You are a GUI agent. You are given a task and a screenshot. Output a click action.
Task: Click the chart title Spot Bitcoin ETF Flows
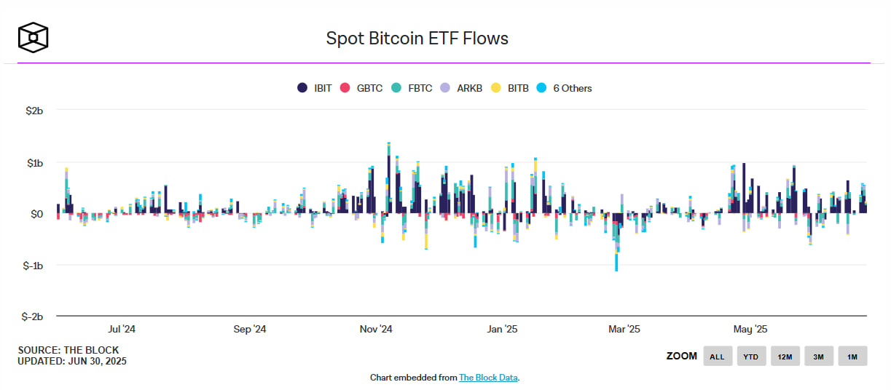click(x=417, y=39)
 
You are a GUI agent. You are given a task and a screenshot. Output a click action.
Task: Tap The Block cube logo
click(x=34, y=38)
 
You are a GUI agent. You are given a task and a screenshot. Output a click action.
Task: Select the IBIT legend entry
click(x=315, y=88)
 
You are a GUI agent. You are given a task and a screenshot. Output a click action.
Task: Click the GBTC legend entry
click(x=362, y=88)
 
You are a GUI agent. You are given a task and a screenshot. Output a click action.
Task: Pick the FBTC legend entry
click(x=412, y=88)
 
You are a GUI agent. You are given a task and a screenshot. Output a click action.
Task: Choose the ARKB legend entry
click(x=462, y=88)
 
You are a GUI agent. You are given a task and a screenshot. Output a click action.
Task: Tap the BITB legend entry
click(x=510, y=88)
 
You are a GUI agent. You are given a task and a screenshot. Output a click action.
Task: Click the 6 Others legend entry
click(x=564, y=88)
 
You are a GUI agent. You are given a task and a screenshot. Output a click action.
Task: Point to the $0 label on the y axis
click(x=36, y=214)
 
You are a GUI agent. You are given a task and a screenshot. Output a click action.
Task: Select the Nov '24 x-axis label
click(x=376, y=330)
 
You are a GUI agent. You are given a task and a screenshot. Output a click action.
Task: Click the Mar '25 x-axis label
click(x=624, y=330)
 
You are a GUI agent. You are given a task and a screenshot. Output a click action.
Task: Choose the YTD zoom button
click(x=751, y=357)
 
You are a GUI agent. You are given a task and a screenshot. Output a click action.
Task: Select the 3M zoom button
click(x=818, y=357)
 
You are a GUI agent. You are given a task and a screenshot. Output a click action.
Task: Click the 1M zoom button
click(x=852, y=357)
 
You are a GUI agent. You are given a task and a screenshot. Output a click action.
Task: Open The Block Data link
click(x=488, y=378)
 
